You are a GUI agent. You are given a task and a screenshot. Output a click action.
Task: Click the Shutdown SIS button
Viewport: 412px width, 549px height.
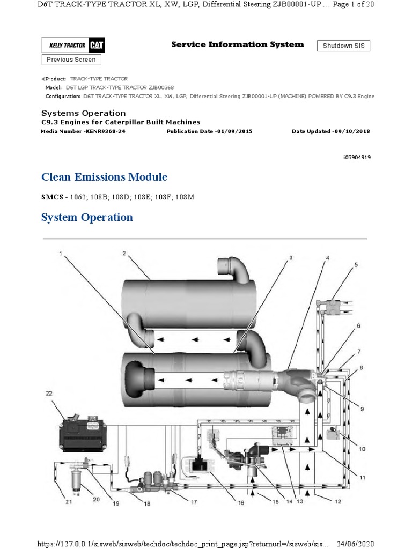click(x=343, y=46)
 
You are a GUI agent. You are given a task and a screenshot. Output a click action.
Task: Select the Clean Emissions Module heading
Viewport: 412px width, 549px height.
click(x=104, y=177)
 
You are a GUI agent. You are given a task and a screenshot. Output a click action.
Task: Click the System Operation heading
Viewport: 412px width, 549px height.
click(x=87, y=217)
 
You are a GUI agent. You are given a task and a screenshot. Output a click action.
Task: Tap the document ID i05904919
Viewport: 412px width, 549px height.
click(x=356, y=158)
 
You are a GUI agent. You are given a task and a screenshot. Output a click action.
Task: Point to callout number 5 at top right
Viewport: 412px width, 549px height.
click(x=355, y=265)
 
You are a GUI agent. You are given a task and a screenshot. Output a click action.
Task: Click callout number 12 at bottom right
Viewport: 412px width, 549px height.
click(x=337, y=502)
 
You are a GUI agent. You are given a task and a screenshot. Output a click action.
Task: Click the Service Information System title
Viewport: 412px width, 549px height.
click(x=237, y=44)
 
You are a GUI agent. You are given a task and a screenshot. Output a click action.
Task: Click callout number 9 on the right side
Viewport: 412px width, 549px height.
click(x=362, y=409)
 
